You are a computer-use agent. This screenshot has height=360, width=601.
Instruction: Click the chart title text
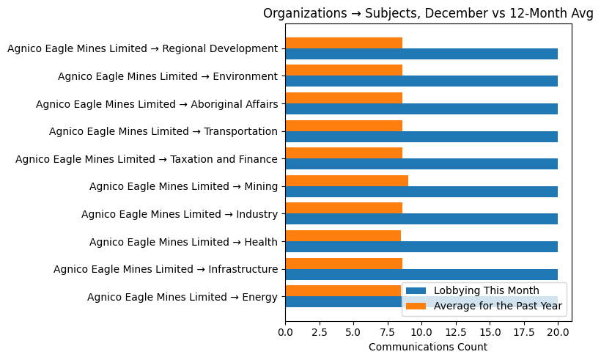(x=428, y=13)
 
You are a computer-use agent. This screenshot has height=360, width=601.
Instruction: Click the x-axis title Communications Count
(x=427, y=347)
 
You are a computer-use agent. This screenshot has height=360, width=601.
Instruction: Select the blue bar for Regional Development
(x=421, y=54)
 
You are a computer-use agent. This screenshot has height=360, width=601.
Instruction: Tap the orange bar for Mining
(x=347, y=180)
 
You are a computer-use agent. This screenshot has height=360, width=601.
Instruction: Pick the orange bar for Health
(x=343, y=235)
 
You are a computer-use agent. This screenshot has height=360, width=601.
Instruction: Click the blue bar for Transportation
(x=421, y=136)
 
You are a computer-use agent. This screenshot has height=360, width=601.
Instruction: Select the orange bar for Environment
(x=344, y=70)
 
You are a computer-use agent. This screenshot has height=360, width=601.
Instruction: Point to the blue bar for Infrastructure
(x=421, y=274)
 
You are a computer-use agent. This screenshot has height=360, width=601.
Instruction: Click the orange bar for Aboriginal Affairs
(x=344, y=98)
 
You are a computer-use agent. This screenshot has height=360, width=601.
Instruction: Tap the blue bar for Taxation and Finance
(x=421, y=164)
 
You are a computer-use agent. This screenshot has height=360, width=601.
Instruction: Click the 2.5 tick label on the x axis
(x=320, y=333)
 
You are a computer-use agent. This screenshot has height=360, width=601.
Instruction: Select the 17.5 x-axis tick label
(x=524, y=333)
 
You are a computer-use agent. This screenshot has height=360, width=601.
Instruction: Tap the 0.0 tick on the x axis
(x=285, y=333)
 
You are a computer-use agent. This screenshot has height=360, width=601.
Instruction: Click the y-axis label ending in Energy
(x=182, y=297)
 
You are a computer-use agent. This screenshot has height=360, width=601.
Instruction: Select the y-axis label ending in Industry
(x=180, y=214)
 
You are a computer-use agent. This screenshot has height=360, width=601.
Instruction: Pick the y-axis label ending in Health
(x=183, y=242)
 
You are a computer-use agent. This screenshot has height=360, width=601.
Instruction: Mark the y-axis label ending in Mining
(x=183, y=186)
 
